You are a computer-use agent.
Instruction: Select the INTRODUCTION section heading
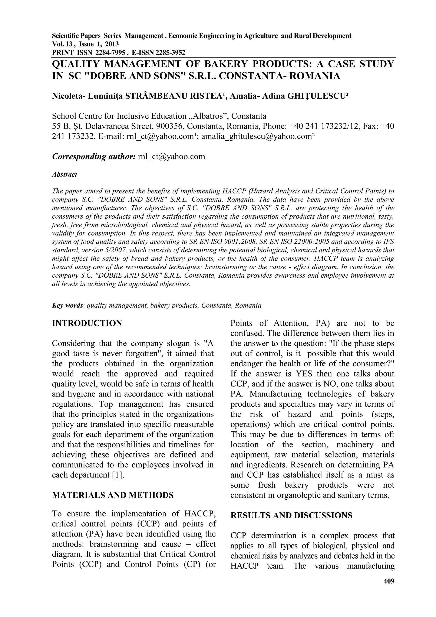[x=87, y=323]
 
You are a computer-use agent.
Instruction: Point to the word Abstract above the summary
[x=65, y=174]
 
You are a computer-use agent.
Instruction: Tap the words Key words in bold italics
[x=67, y=306]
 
